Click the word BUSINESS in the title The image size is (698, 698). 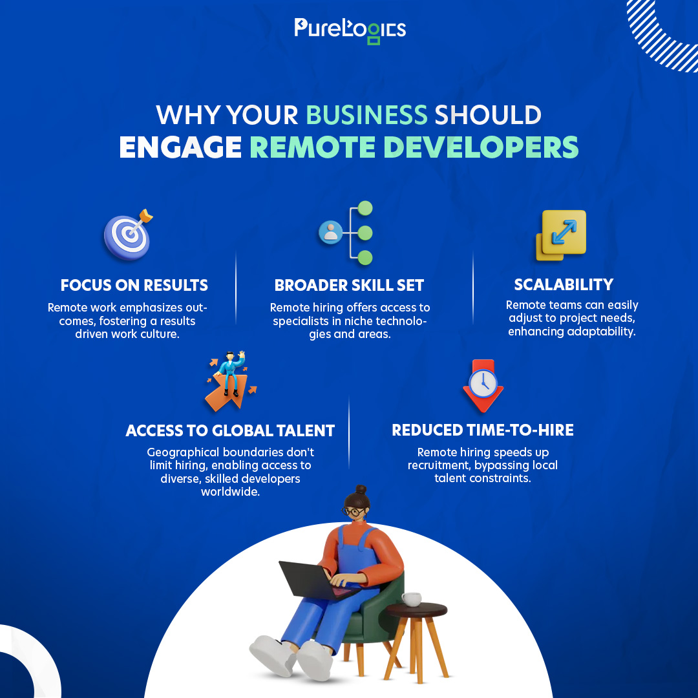(366, 115)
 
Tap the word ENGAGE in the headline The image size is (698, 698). (180, 147)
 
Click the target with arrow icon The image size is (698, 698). (129, 236)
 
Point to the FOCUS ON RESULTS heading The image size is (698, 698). (134, 285)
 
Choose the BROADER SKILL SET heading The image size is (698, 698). (349, 285)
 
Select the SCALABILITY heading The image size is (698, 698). (564, 284)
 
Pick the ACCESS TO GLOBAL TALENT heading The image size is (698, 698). (230, 430)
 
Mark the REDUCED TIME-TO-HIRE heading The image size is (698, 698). (483, 430)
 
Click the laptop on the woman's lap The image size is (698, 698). (310, 578)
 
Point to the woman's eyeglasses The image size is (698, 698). (354, 512)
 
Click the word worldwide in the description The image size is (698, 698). (230, 492)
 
